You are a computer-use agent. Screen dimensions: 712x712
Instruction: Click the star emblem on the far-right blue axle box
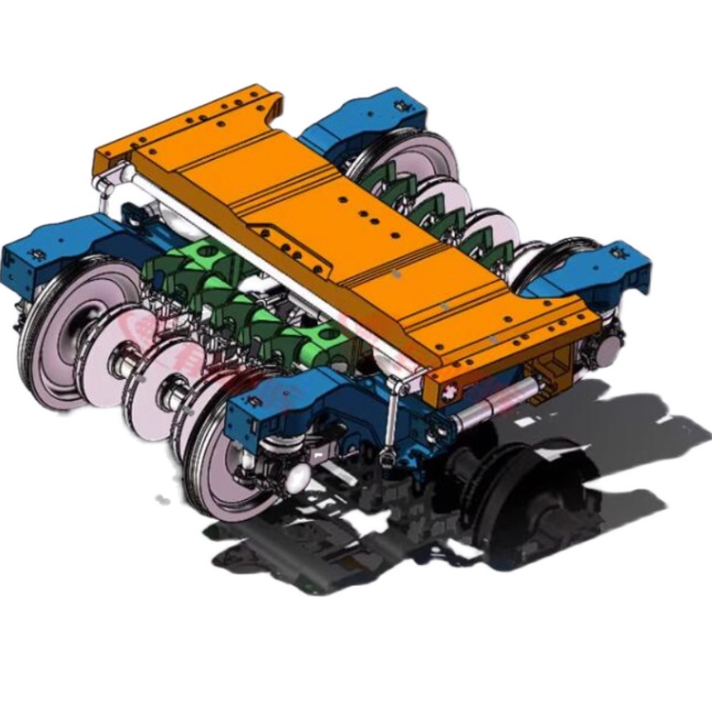coord(620,253)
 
